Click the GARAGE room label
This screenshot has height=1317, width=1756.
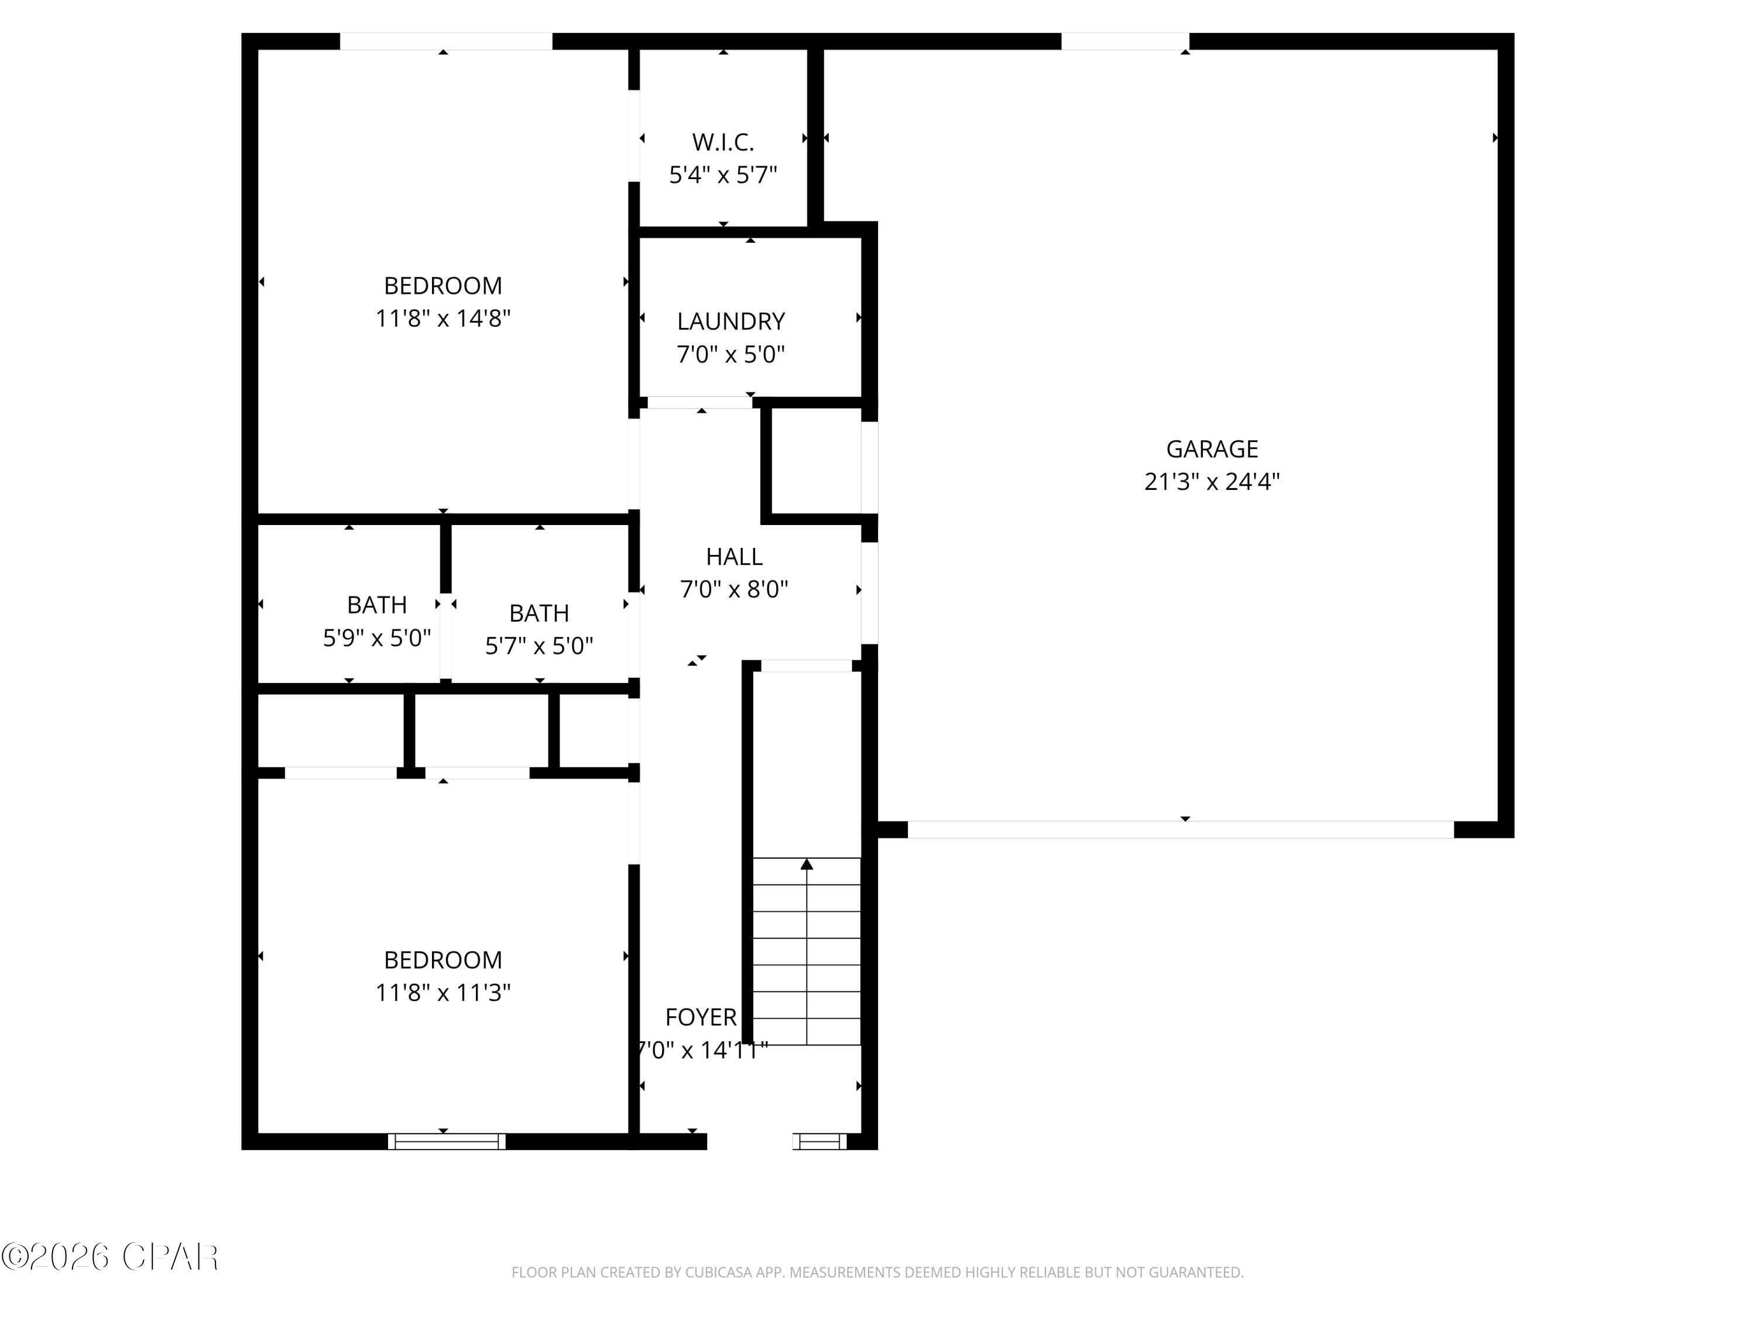coord(1212,450)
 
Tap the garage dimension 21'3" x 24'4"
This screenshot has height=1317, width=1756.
coord(1212,482)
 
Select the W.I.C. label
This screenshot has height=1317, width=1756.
coord(722,142)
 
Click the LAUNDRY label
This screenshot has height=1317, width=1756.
coord(730,321)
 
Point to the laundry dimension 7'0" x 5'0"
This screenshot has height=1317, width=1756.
coord(730,354)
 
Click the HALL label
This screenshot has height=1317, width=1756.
coord(733,557)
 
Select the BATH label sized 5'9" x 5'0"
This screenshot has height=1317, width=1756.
coord(376,605)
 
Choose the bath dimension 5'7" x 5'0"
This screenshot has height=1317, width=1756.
coord(539,646)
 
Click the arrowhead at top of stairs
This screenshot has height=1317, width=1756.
coord(807,865)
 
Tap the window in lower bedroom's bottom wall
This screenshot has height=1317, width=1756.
coord(446,1141)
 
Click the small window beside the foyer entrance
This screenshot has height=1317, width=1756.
coord(819,1141)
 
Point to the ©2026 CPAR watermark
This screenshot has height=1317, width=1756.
coord(109,1257)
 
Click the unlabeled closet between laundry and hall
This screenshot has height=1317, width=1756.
coord(815,462)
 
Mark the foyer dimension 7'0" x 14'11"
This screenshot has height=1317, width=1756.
coord(702,1050)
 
